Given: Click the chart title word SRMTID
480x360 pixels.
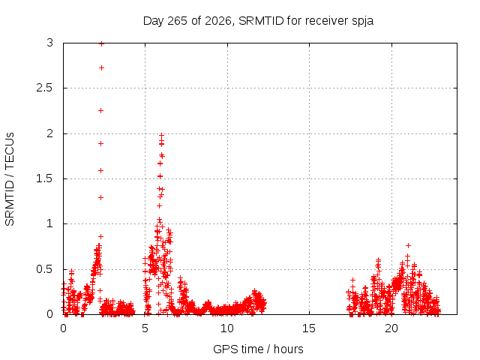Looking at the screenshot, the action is pyautogui.click(x=261, y=21).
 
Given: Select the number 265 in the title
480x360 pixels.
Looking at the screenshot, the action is pyautogui.click(x=178, y=21).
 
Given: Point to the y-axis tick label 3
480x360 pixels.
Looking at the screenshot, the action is pyautogui.click(x=50, y=43).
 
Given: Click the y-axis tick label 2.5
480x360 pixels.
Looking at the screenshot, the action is pyautogui.click(x=45, y=88).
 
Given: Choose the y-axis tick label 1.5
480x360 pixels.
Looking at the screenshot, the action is pyautogui.click(x=45, y=178).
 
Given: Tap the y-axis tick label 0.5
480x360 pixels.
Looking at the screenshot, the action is pyautogui.click(x=45, y=269).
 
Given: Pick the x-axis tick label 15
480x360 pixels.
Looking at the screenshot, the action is pyautogui.click(x=309, y=328).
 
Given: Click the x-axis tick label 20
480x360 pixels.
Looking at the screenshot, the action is pyautogui.click(x=391, y=328).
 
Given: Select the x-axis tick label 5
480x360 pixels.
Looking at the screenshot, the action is pyautogui.click(x=145, y=328).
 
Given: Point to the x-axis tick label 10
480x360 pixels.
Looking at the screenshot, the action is pyautogui.click(x=226, y=328).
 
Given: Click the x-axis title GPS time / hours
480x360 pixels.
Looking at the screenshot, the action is pyautogui.click(x=258, y=349).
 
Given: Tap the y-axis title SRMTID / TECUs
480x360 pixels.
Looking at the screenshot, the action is pyautogui.click(x=10, y=179).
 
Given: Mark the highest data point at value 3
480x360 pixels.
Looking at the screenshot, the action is pyautogui.click(x=102, y=43).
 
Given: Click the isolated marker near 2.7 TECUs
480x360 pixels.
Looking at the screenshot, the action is pyautogui.click(x=102, y=67).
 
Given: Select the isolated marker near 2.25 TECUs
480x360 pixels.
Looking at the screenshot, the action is pyautogui.click(x=100, y=110).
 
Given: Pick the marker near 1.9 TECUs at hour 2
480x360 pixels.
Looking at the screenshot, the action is pyautogui.click(x=100, y=143).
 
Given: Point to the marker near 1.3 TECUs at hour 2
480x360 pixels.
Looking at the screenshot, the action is pyautogui.click(x=100, y=198).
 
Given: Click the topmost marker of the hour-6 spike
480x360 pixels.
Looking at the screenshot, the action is pyautogui.click(x=162, y=135).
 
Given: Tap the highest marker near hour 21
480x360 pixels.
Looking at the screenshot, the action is pyautogui.click(x=408, y=245).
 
